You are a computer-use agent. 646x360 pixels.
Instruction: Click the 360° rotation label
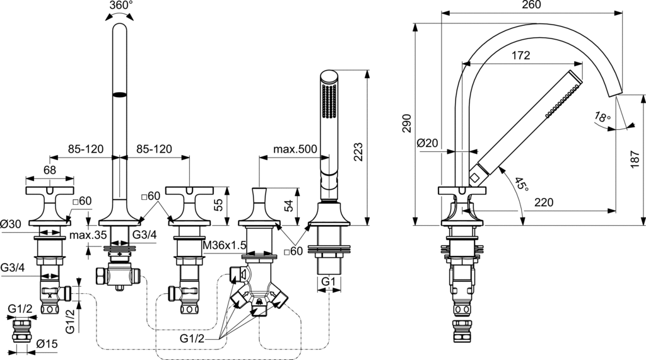pyautogui.click(x=120, y=6)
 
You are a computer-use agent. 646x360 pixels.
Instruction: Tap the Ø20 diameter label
pyautogui.click(x=429, y=144)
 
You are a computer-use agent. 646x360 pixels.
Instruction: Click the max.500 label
pyautogui.click(x=295, y=150)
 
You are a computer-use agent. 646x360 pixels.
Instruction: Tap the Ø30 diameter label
pyautogui.click(x=12, y=224)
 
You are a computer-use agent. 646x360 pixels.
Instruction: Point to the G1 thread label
pyautogui.click(x=328, y=281)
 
